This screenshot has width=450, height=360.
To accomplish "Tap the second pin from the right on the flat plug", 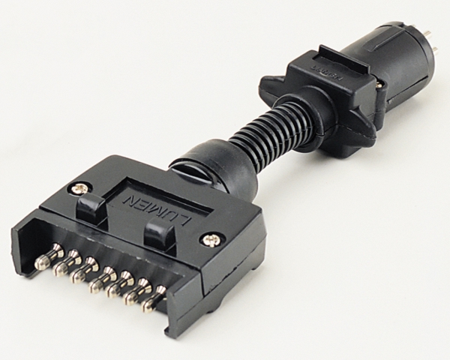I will tap(136, 291).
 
